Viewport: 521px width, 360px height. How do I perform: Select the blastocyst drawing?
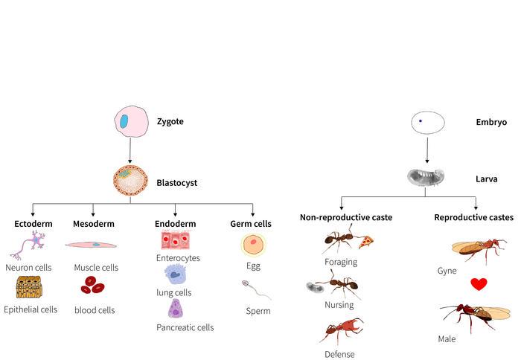[131, 181]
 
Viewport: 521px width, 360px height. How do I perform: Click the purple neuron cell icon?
[32, 244]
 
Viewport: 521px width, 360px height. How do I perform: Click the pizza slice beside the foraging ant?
[365, 242]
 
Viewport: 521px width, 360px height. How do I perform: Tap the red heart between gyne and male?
[478, 284]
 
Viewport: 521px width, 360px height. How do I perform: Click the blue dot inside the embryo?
[421, 120]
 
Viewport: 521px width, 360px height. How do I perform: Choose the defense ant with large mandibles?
[341, 330]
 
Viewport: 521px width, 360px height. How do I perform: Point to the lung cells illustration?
[175, 275]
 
